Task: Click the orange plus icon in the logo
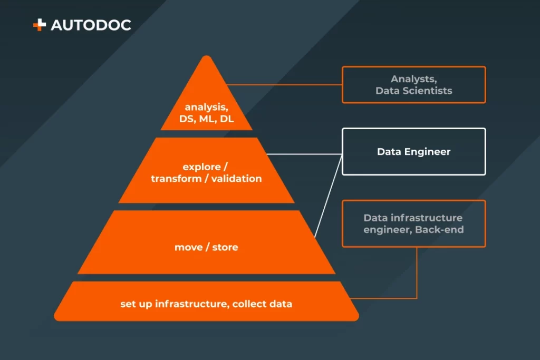pyautogui.click(x=40, y=25)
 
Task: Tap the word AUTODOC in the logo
pyautogui.click(x=91, y=25)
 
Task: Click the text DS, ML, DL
pyautogui.click(x=206, y=119)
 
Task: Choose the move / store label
pyautogui.click(x=206, y=247)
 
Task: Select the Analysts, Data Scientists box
pyautogui.click(x=413, y=84)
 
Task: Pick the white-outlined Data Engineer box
pyautogui.click(x=413, y=152)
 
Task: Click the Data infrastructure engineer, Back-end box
pyautogui.click(x=413, y=223)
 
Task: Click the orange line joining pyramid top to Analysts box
pyautogui.click(x=285, y=84)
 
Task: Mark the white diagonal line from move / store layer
pyautogui.click(x=328, y=195)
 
